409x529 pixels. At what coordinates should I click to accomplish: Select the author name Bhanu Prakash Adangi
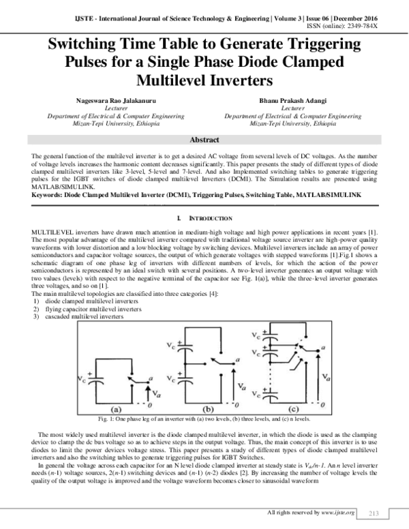(x=292, y=101)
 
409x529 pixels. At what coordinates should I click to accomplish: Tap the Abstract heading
(x=204, y=139)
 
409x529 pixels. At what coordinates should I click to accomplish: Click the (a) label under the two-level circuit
(x=112, y=410)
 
